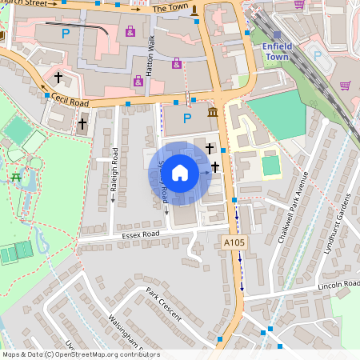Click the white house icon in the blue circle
pyautogui.click(x=180, y=173)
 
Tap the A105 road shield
pyautogui.click(x=233, y=242)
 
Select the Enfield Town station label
pyautogui.click(x=277, y=52)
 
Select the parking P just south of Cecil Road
pyautogui.click(x=187, y=118)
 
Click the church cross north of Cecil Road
pyautogui.click(x=58, y=78)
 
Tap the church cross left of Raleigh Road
pyautogui.click(x=82, y=124)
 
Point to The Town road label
pyautogui.click(x=169, y=8)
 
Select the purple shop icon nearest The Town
pyautogui.click(x=130, y=32)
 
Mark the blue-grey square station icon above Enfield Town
pyautogui.click(x=277, y=35)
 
